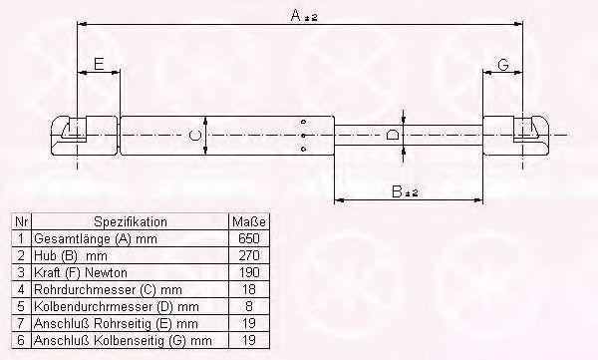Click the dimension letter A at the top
pos(296,15)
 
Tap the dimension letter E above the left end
pos(99,64)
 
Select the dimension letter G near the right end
pos(503,65)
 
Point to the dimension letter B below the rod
pos(397,191)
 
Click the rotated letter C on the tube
pos(195,136)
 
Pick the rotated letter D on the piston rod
pos(392,135)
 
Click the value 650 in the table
pos(248,238)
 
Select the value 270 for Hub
pos(248,255)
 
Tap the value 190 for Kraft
pos(249,272)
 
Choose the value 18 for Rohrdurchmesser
pos(249,289)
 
